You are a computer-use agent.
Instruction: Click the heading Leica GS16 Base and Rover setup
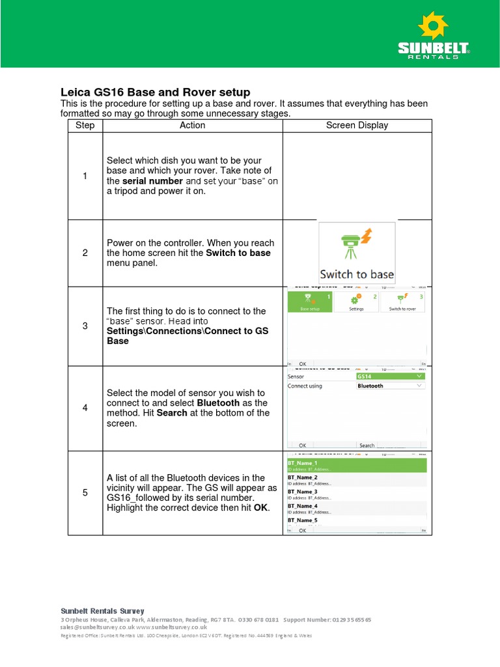tap(155, 92)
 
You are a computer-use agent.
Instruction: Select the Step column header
tap(85, 125)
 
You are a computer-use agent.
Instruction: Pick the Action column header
tap(192, 125)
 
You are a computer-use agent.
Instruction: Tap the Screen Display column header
tap(357, 125)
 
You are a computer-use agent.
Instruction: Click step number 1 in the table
tap(85, 176)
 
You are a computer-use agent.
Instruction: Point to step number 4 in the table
tap(85, 408)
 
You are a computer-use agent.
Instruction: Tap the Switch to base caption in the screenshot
tap(357, 274)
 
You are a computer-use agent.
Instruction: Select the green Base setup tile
tap(310, 302)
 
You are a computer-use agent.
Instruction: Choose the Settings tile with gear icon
tap(356, 302)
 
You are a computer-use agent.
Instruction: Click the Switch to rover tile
tap(403, 302)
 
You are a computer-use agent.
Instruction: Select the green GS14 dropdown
tap(391, 376)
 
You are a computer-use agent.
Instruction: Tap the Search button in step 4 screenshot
tap(367, 446)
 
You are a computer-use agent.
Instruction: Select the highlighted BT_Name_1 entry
tap(356, 465)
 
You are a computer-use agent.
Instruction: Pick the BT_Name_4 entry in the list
tap(356, 508)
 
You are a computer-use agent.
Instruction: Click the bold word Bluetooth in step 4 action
tap(218, 403)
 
